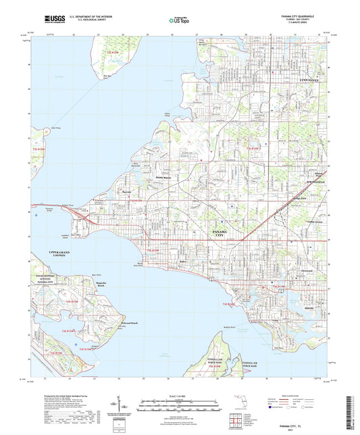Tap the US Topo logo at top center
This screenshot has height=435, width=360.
pos(178,21)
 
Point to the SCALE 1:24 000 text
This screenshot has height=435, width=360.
pos(180,395)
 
